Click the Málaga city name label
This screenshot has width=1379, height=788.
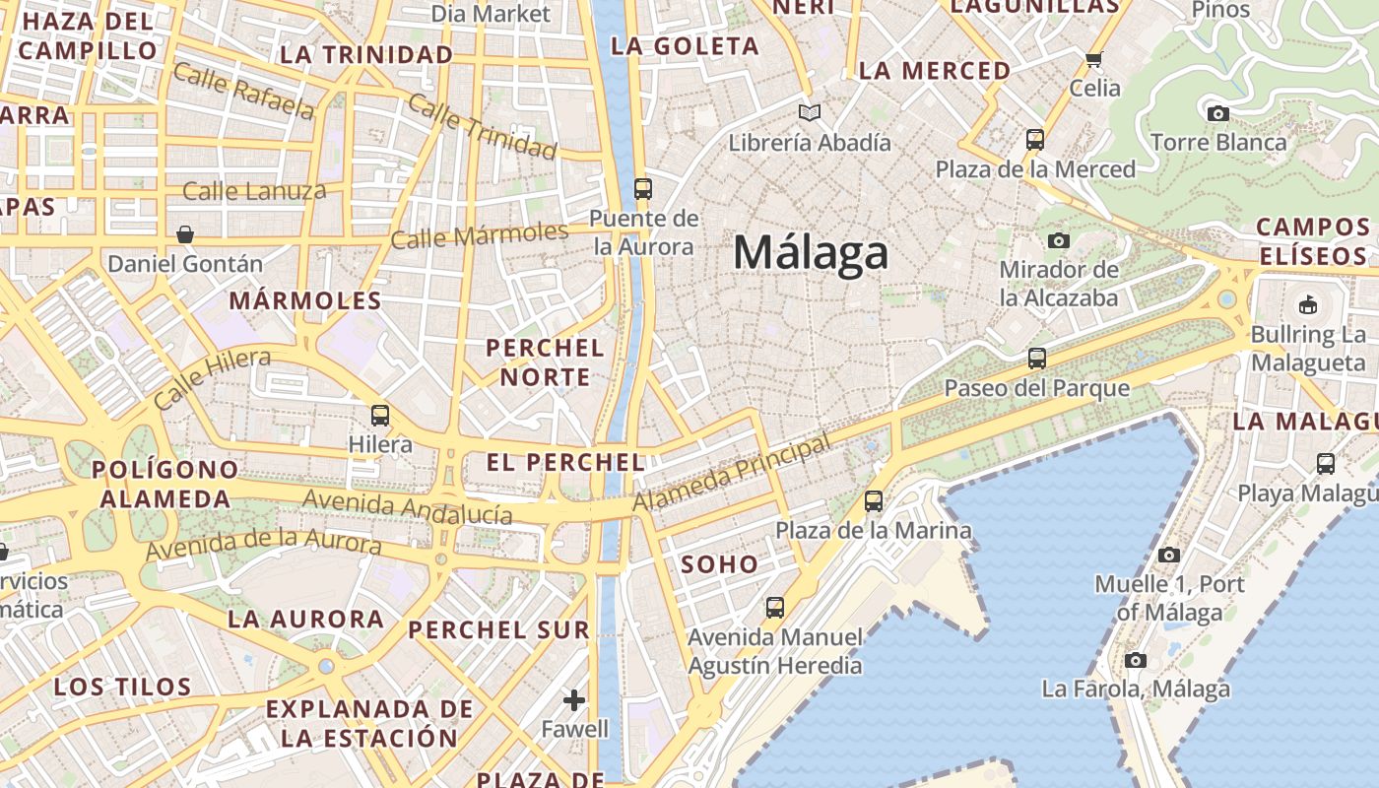[x=811, y=253]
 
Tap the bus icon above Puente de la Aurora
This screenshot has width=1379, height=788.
[x=643, y=188]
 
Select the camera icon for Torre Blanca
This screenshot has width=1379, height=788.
[x=1218, y=113]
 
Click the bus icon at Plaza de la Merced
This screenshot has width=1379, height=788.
[x=1034, y=139]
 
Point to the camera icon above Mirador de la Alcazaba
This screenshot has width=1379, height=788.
[x=1059, y=240]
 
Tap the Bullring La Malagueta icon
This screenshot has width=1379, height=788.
[x=1308, y=304]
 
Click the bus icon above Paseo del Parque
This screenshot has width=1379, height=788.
[x=1036, y=358]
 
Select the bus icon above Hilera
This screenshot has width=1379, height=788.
[x=380, y=415]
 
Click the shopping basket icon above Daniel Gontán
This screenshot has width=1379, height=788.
[x=185, y=234]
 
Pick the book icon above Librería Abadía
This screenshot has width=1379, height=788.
[x=810, y=113]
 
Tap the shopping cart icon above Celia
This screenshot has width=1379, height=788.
[x=1094, y=59]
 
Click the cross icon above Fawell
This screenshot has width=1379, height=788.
[x=574, y=700]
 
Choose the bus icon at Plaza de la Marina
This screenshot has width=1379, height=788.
[x=873, y=500]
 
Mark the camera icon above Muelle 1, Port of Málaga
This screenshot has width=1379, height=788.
[x=1169, y=555]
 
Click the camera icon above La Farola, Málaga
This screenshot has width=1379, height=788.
[x=1136, y=660]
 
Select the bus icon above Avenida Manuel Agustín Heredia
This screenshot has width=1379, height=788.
[x=775, y=607]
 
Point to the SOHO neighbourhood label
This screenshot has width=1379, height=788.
[x=720, y=564]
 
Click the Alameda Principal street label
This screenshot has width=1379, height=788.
[x=732, y=474]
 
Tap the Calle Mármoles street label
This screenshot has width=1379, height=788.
[x=480, y=235]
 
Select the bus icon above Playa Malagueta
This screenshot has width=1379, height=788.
[x=1326, y=463]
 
